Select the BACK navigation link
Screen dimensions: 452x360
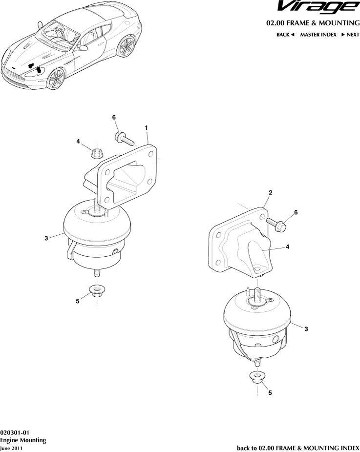(286, 35)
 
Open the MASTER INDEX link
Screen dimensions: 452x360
(318, 35)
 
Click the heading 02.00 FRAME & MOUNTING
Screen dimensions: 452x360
(313, 23)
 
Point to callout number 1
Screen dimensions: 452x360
(146, 127)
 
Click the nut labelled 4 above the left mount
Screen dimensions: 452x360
(97, 153)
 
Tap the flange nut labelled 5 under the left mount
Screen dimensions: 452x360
(96, 292)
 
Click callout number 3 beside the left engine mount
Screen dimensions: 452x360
(46, 238)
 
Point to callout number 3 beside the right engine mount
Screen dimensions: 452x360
(306, 329)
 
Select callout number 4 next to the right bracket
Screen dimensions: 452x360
(288, 247)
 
